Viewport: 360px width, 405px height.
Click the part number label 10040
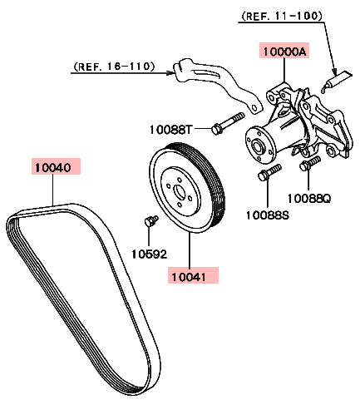53,167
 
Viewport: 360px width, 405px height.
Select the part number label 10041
189,277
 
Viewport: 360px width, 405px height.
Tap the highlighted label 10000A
284,52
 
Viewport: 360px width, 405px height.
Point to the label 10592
149,254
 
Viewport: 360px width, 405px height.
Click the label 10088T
170,130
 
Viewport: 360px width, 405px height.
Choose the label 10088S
268,215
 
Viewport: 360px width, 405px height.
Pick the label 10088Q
309,199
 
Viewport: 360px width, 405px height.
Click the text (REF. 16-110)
114,67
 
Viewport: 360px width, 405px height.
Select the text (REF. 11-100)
282,16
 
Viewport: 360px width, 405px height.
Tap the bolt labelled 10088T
228,123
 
